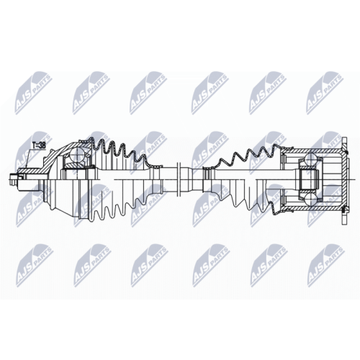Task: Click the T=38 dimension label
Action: [39, 145]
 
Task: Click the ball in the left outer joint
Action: [79, 154]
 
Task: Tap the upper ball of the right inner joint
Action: [310, 158]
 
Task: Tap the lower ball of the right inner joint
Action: [310, 199]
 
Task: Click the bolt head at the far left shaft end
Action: [14, 179]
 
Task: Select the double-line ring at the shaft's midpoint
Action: [179, 179]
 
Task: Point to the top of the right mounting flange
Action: [344, 143]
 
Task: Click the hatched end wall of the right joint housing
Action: [345, 179]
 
